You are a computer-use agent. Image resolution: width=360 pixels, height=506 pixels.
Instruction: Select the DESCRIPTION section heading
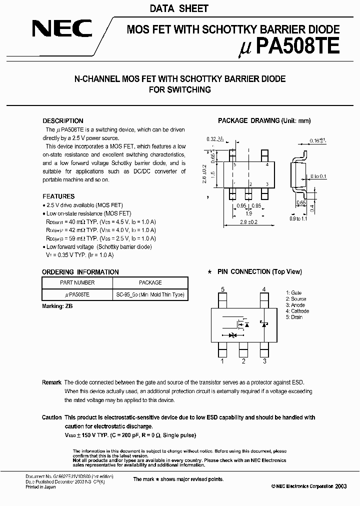click(63, 121)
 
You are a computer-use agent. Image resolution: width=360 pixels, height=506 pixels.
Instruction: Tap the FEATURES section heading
click(58, 196)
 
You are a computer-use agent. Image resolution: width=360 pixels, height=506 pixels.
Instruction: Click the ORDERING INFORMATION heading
click(80, 272)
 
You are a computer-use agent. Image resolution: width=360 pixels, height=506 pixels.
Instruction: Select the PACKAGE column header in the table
click(150, 282)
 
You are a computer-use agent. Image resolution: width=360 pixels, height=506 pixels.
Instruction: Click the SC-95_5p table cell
click(150, 294)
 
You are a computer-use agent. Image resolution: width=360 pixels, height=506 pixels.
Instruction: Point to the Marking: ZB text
click(57, 305)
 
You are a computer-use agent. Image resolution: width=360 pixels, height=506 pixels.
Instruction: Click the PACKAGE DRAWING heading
click(264, 121)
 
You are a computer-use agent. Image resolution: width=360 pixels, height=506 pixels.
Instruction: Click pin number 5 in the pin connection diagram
click(222, 289)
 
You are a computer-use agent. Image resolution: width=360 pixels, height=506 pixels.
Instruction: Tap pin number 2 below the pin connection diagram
click(243, 360)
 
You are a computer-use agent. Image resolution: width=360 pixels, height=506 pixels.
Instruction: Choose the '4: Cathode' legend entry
click(297, 311)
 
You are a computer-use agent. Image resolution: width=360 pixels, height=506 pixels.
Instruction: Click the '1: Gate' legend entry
click(293, 292)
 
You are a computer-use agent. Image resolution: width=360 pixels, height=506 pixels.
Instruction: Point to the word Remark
click(51, 382)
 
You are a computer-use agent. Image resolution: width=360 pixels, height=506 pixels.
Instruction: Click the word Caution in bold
click(52, 417)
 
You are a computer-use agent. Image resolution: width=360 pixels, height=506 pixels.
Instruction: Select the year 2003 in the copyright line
click(341, 486)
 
